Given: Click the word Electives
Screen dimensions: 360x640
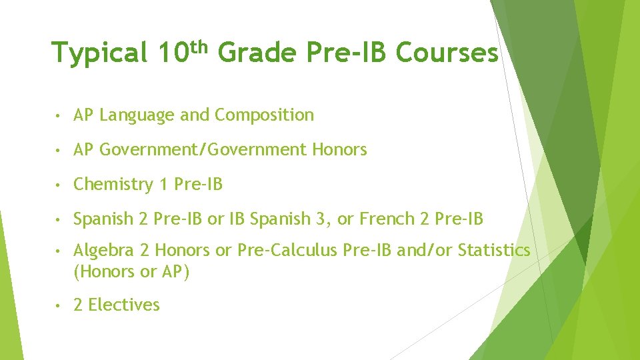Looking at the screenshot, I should click(x=124, y=305).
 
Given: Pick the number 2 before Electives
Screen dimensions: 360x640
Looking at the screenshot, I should click(x=78, y=305).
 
